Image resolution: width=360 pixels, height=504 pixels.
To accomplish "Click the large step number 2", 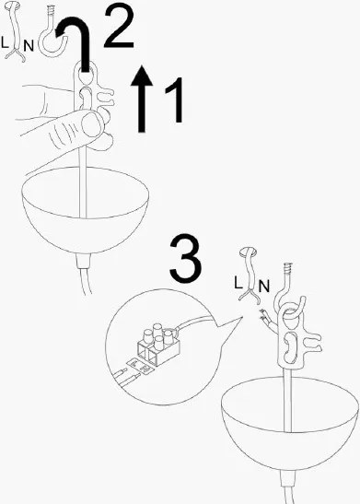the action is coord(119,28).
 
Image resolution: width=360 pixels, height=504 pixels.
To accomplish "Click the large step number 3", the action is coord(186,259).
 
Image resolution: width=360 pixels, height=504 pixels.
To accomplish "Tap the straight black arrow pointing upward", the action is coord(142,99).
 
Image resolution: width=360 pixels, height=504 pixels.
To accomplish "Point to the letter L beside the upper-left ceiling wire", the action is coord(5,42).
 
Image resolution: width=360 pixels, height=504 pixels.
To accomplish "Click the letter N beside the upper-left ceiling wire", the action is coord(29,46).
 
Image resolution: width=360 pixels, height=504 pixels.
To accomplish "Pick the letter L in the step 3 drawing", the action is coord(238,283).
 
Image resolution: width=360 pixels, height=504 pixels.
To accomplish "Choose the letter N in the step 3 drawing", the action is coord(264,286).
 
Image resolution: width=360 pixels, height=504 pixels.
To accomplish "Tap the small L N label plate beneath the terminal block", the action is coord(140,366).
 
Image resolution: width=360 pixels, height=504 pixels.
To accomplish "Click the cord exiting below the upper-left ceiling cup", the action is coord(84,274).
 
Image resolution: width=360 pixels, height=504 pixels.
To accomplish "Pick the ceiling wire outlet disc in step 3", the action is coord(249,252).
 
